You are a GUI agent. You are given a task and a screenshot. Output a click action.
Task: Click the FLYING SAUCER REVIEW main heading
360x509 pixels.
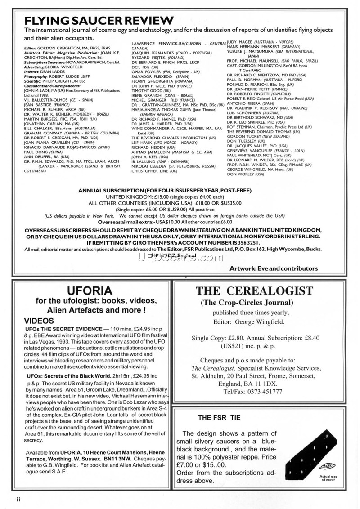pyautogui.click(x=99, y=21)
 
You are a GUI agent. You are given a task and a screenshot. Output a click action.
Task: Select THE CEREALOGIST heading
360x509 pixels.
pyautogui.click(x=254, y=290)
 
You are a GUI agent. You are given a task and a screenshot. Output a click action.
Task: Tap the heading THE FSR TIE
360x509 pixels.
pyautogui.click(x=219, y=418)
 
